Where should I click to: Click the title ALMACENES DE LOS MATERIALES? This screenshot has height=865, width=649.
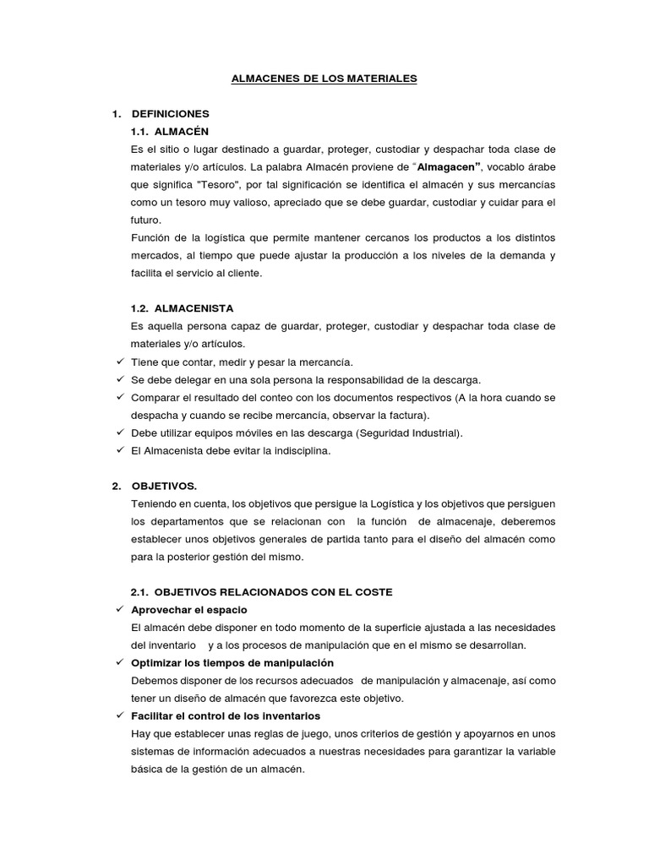click(x=324, y=79)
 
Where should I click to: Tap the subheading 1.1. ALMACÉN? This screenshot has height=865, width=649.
click(x=169, y=132)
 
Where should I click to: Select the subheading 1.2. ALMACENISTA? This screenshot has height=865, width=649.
click(x=182, y=309)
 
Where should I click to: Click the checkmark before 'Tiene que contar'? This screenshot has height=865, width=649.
click(x=119, y=362)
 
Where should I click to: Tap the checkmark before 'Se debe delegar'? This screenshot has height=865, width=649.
click(x=119, y=380)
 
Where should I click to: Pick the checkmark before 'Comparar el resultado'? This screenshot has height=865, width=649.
click(x=119, y=398)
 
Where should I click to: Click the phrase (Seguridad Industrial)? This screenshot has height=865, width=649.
click(x=409, y=433)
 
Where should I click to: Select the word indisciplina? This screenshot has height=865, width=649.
click(x=296, y=451)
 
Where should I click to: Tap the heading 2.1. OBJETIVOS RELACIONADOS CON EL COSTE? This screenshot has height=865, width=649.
click(x=261, y=592)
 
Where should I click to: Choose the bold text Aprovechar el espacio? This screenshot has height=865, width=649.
click(x=189, y=610)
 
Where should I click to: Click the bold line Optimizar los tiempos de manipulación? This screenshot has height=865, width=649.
click(x=232, y=662)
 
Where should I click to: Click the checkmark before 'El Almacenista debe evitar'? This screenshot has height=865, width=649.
click(x=119, y=451)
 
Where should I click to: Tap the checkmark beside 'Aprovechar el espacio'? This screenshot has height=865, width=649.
click(x=119, y=610)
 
